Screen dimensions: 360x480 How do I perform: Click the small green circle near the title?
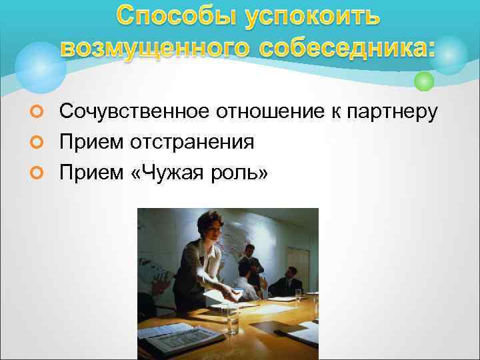pos(424,82)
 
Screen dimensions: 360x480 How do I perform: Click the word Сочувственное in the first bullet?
pos(133,112)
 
